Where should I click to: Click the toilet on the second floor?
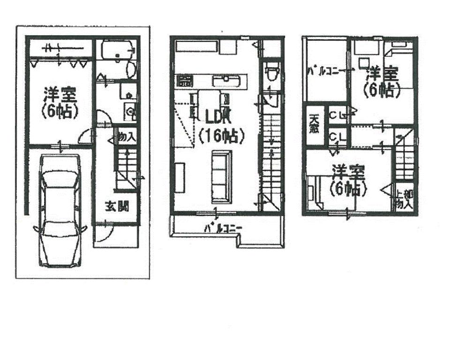[x=271, y=73]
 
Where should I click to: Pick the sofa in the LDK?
[x=221, y=176]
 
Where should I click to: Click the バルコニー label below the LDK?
[x=223, y=228]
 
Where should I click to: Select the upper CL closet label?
[x=337, y=114]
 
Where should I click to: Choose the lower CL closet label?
[x=337, y=137]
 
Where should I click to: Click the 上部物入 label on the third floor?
[x=403, y=199]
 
